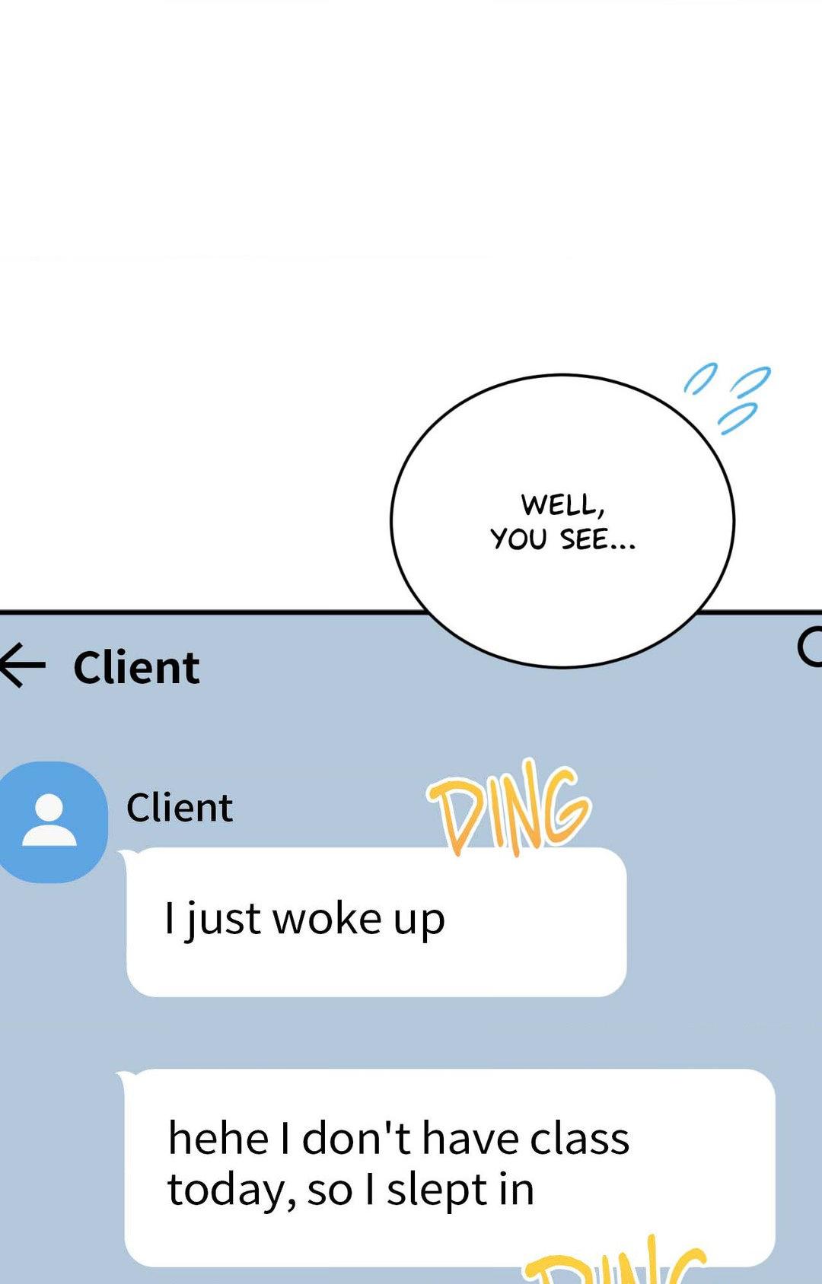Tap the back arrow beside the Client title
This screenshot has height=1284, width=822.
coord(23,666)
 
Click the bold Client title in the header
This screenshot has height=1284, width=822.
coord(137,668)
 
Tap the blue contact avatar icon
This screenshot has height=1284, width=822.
coord(50,822)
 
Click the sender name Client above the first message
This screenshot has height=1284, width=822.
coord(180,808)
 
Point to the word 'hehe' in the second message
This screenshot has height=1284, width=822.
coord(218,1139)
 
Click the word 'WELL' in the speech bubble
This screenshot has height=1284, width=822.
coord(562,504)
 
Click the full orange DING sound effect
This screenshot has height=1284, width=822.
coord(508,808)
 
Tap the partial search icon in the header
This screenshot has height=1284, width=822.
coord(810,647)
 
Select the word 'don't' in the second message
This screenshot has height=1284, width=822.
coord(357,1139)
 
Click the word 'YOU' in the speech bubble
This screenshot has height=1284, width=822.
coord(518,539)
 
